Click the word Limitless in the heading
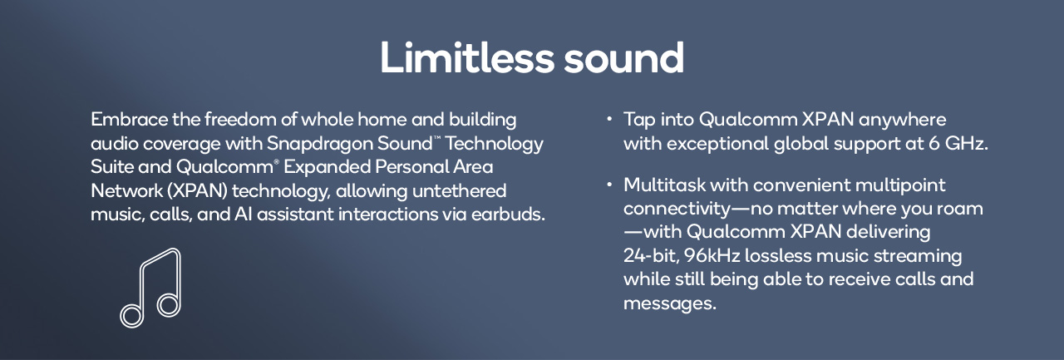[467, 57]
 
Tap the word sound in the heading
[623, 57]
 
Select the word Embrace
[129, 119]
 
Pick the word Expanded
[327, 167]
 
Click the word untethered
[460, 190]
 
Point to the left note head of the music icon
[131, 315]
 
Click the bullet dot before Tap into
[609, 119]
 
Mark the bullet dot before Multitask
[609, 185]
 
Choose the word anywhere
[902, 119]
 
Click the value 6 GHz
[958, 143]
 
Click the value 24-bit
[651, 255]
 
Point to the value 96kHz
[712, 255]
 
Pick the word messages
[670, 303]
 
